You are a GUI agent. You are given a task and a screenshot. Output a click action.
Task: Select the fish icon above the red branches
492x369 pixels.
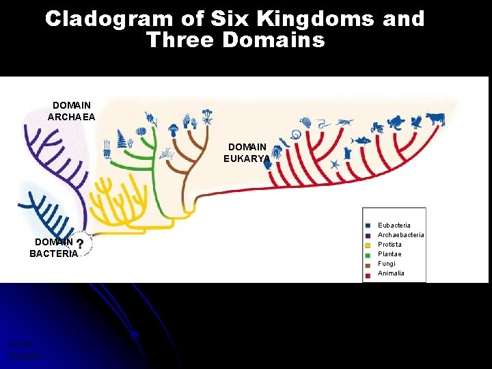click(360, 140)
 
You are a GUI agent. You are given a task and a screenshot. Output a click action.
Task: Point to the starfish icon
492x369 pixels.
click(335, 165)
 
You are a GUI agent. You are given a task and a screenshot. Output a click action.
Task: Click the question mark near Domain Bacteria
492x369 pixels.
click(81, 244)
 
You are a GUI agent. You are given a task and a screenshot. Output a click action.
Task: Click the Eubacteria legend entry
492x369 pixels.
click(394, 225)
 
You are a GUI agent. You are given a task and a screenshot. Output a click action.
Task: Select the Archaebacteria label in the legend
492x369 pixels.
click(400, 234)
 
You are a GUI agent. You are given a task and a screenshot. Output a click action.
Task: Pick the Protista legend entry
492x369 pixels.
click(389, 244)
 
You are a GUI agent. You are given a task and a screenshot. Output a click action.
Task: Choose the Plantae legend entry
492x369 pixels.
click(389, 254)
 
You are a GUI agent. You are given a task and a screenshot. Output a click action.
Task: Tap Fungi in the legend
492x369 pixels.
click(386, 263)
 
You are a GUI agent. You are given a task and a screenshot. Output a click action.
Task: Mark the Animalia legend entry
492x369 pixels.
click(391, 273)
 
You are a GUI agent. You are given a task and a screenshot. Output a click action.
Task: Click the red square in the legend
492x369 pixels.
click(368, 273)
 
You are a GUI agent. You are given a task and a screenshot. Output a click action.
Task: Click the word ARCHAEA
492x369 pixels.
click(72, 117)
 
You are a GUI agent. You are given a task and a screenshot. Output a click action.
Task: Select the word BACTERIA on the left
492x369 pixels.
click(53, 254)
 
